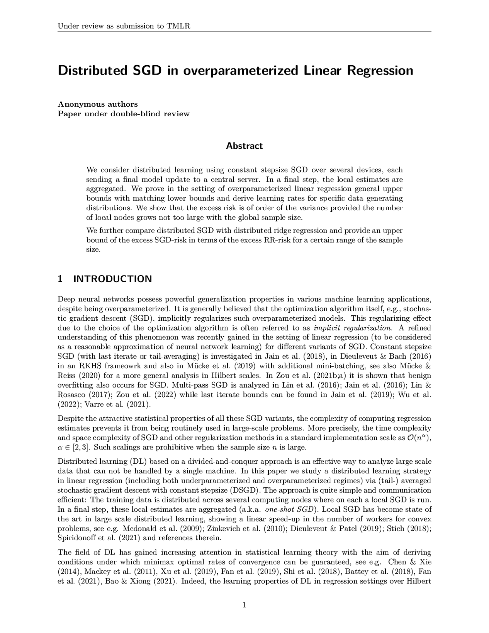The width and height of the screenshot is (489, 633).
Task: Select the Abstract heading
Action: [x=244, y=146]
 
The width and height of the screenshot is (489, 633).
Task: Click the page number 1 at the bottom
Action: [x=244, y=605]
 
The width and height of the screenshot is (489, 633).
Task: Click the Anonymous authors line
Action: [x=97, y=104]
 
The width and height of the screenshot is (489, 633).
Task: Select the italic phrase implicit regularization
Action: [x=352, y=328]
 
